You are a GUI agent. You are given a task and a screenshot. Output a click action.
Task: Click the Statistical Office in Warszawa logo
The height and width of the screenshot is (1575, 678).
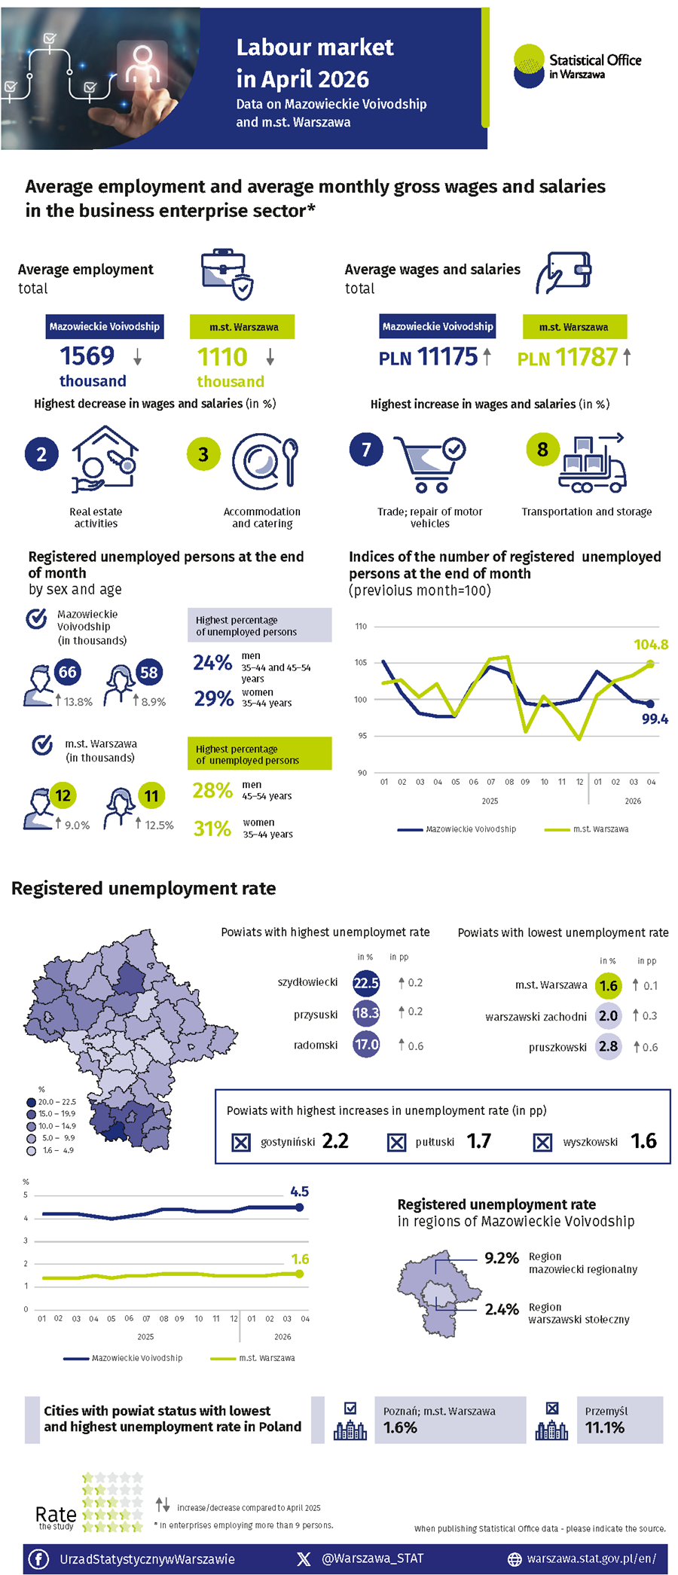(x=577, y=66)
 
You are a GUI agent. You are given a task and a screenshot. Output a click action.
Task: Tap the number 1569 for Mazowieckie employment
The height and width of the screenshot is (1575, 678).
(x=87, y=356)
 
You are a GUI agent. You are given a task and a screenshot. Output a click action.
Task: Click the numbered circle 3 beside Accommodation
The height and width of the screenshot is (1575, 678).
(x=203, y=454)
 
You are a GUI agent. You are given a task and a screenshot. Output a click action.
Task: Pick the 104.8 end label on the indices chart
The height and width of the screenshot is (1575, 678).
(x=651, y=645)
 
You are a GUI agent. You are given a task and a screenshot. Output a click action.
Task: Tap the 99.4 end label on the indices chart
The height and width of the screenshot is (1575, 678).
(x=655, y=719)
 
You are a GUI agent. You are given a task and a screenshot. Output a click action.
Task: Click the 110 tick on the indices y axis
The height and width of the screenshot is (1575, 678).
(x=361, y=627)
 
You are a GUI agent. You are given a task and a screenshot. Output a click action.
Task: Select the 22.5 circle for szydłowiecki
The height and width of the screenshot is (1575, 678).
(x=366, y=983)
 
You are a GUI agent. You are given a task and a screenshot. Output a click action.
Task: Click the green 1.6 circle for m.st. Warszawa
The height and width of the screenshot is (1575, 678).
(x=609, y=985)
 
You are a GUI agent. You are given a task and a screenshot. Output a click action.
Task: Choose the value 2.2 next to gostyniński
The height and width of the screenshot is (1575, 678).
(x=335, y=1141)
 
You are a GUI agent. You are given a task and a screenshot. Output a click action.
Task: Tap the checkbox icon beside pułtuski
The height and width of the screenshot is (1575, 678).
(x=396, y=1143)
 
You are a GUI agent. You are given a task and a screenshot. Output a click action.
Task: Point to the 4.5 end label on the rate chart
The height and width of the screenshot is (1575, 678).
(x=299, y=1192)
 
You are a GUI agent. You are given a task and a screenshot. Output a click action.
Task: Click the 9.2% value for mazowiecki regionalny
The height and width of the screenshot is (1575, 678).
(x=502, y=1258)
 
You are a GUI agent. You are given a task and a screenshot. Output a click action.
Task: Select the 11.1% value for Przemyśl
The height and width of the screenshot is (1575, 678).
(x=605, y=1427)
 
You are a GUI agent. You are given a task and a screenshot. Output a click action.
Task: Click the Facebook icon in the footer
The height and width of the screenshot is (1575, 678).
(x=38, y=1558)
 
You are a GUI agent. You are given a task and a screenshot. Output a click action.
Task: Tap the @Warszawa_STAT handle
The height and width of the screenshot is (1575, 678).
(x=372, y=1558)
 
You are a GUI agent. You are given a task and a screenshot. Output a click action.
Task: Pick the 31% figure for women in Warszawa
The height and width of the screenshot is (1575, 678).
(x=212, y=829)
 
